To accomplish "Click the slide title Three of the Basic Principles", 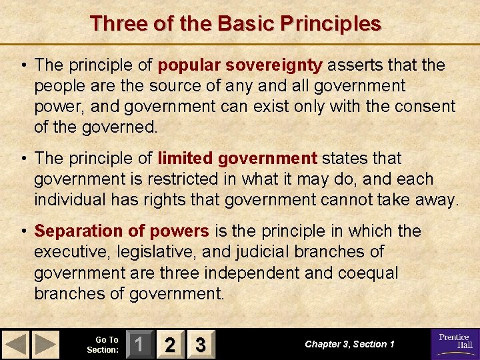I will click(235, 23).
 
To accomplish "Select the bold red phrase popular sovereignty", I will click(239, 65).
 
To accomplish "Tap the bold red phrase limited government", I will click(237, 158).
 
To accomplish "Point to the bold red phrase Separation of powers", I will click(121, 231).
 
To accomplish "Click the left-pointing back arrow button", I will click(16, 345).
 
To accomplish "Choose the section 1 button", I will click(139, 345).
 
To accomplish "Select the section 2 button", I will click(170, 345).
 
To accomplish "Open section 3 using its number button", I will click(200, 345).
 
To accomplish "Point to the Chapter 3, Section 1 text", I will click(349, 344).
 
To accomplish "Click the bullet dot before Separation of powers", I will click(24, 231).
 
